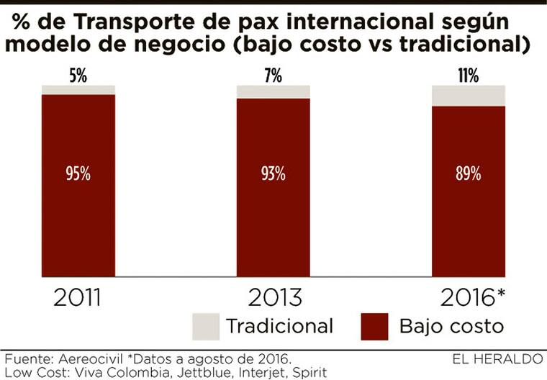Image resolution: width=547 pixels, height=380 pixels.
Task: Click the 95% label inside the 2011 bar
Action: tap(78, 174)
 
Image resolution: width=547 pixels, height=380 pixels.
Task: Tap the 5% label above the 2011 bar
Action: tap(78, 75)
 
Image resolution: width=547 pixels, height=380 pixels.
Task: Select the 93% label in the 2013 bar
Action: tap(273, 174)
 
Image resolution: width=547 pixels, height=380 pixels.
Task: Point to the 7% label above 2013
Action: tap(273, 75)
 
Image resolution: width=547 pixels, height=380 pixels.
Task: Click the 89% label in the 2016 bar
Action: tap(468, 174)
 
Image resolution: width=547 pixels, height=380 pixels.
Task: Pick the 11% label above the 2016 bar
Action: tap(468, 75)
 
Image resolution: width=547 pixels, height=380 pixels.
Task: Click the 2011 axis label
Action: tap(78, 297)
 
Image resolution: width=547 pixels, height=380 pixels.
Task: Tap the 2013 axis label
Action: tap(273, 297)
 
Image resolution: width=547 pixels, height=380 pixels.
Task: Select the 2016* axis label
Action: tap(471, 297)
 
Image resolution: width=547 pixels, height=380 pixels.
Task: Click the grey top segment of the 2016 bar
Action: tap(468, 95)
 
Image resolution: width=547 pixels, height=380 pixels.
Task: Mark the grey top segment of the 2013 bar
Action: tap(273, 91)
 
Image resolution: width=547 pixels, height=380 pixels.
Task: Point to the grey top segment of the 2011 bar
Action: tap(78, 89)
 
